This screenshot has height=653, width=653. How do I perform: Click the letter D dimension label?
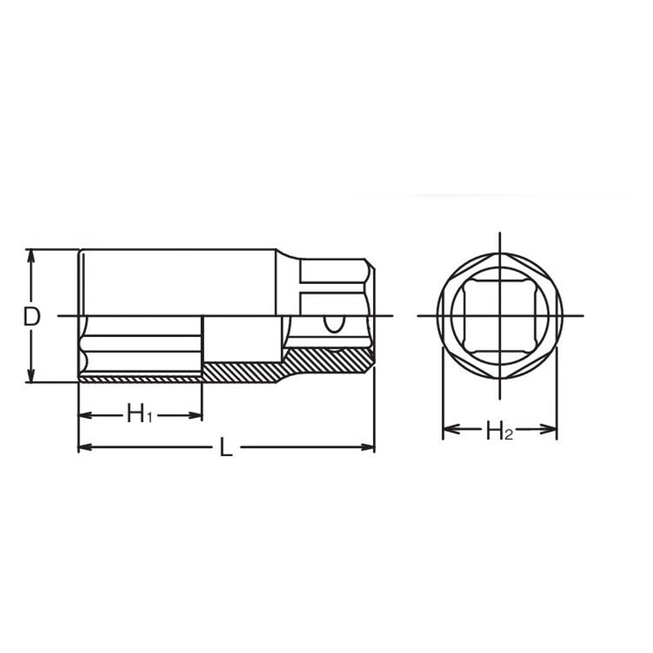point(31,317)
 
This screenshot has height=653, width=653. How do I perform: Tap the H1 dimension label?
point(140,415)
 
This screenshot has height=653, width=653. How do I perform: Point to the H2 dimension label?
point(499,431)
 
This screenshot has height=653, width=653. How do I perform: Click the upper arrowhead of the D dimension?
point(31,255)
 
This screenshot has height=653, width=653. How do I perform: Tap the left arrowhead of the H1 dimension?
point(84,415)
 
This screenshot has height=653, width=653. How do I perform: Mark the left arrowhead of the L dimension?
point(84,447)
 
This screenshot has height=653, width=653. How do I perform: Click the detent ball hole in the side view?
point(332,324)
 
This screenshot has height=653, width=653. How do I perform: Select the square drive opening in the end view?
point(499,316)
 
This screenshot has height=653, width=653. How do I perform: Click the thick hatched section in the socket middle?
point(242,371)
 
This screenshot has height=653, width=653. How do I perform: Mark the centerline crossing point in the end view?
point(499,316)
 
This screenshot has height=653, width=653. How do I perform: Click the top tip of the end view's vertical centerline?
point(499,234)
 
